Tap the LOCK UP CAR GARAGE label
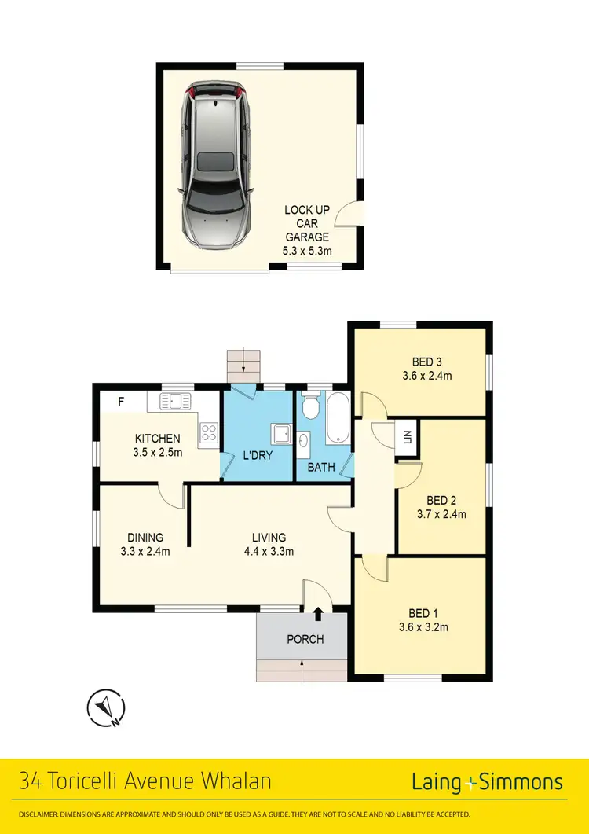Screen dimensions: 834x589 click(x=307, y=223)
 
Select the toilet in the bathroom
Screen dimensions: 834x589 click(x=311, y=407)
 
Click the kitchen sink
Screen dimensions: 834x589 click(x=176, y=402)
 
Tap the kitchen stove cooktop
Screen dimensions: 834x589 click(x=209, y=432)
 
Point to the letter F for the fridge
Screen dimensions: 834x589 click(x=121, y=402)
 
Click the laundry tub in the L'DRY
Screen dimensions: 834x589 click(x=280, y=435)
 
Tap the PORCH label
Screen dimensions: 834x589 click(x=305, y=639)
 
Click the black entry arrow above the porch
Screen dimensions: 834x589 click(x=318, y=614)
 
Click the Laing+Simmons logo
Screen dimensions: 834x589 click(x=487, y=782)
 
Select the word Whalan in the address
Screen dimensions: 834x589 click(x=233, y=782)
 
